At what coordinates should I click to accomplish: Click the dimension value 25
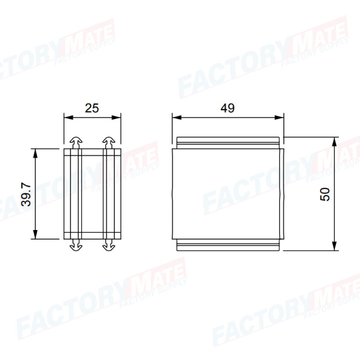pyautogui.click(x=92, y=108)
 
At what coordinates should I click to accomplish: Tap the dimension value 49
pyautogui.click(x=228, y=108)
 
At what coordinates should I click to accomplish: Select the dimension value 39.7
pyautogui.click(x=26, y=194)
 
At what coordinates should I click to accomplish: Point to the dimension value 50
pyautogui.click(x=325, y=194)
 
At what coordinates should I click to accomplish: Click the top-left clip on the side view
pyautogui.click(x=76, y=143)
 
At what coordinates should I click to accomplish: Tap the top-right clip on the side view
pyautogui.click(x=108, y=143)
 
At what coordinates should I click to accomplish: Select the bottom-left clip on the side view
pyautogui.click(x=76, y=245)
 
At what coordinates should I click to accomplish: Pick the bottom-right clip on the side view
pyautogui.click(x=108, y=245)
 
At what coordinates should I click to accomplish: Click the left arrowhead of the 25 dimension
pyautogui.click(x=68, y=118)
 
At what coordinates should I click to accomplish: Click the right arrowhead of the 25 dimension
pyautogui.click(x=116, y=118)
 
